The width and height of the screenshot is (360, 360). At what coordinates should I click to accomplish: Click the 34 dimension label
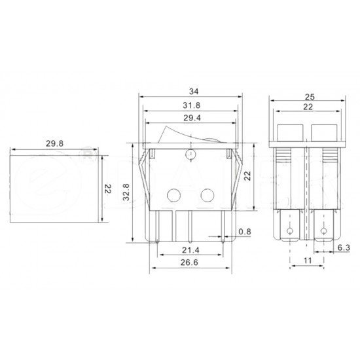coord(194,92)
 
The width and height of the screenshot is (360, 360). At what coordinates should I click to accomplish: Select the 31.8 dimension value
coord(192,105)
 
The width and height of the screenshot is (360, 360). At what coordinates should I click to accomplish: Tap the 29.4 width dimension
coord(192,118)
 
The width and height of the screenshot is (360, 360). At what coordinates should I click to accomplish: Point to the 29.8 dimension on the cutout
coord(54,143)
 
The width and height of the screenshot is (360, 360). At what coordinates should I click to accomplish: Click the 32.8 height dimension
coord(126,192)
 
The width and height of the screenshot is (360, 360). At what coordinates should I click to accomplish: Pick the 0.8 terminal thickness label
coord(245,232)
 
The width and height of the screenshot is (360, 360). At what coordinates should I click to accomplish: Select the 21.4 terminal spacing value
coord(190,250)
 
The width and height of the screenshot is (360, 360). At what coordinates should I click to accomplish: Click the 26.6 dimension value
coord(189,262)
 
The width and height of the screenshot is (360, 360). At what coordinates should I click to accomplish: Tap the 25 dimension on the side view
coord(310,97)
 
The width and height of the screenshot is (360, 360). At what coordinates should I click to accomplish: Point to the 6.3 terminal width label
coord(344,247)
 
